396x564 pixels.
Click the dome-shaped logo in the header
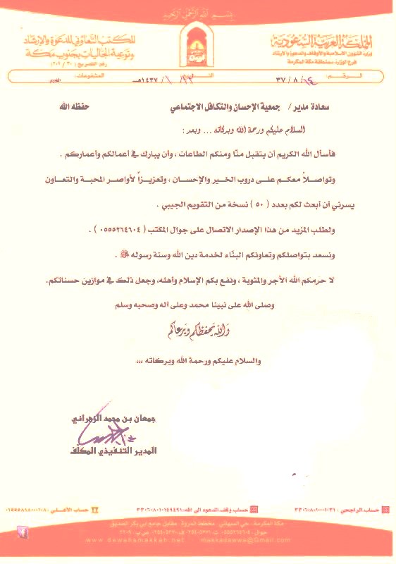[x=197, y=42]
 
